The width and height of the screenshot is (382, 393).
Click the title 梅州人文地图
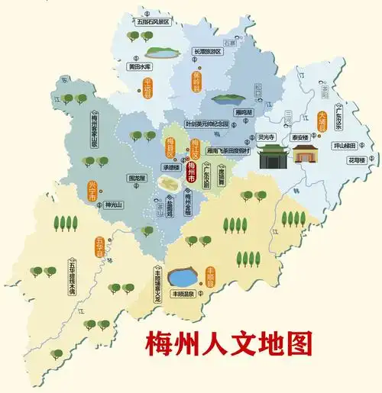(x=228, y=344)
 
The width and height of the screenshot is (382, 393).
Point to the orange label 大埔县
(x=322, y=122)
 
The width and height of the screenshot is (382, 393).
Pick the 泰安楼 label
(x=299, y=137)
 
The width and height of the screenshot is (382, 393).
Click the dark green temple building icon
(x=271, y=157)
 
